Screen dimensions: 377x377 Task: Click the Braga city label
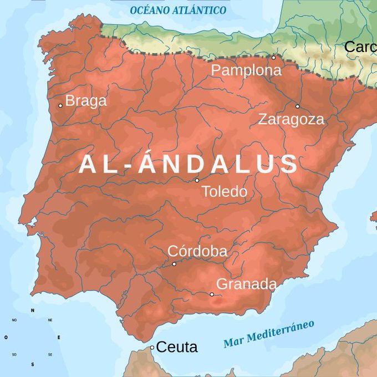(86, 101)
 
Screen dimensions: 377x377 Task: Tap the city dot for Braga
(60, 105)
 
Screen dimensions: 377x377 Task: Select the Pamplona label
(246, 71)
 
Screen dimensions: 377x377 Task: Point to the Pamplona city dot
(273, 57)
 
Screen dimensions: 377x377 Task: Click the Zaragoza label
(291, 119)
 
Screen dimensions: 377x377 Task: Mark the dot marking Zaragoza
(297, 106)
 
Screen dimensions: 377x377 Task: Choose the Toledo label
(224, 192)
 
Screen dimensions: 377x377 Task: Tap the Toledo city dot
(197, 180)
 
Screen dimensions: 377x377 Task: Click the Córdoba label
(197, 252)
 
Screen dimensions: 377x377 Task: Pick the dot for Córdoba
(174, 264)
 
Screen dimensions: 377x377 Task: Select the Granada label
(246, 284)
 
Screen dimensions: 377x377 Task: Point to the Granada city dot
(211, 294)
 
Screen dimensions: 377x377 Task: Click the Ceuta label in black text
(177, 348)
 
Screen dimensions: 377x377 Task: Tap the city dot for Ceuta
(152, 348)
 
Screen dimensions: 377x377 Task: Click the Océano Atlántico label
(178, 10)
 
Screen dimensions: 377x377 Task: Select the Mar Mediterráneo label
(269, 334)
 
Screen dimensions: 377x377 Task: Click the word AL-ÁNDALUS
(188, 164)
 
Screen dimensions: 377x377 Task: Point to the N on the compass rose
(32, 310)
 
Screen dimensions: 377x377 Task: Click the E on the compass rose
(59, 337)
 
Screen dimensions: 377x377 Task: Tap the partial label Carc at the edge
(360, 47)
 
